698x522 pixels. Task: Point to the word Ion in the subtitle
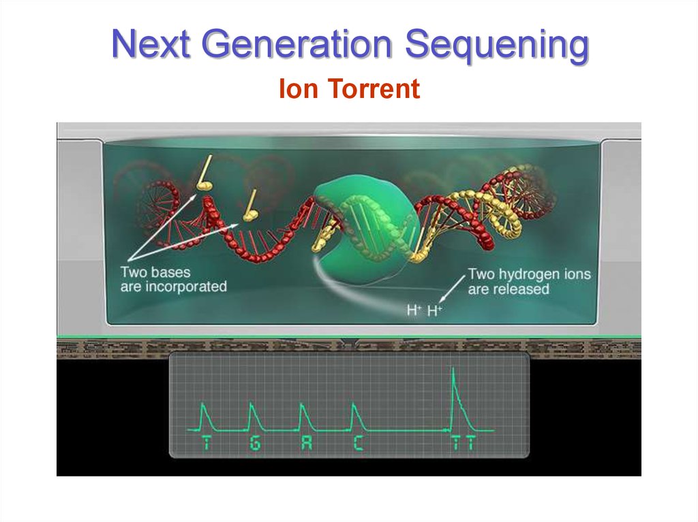point(297,89)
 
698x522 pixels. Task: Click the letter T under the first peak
point(207,444)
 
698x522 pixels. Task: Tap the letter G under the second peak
point(255,444)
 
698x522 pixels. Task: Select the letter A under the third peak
point(306,444)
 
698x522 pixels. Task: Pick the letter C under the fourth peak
point(358,444)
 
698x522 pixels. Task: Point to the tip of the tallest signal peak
point(453,369)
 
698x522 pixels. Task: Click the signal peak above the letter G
point(252,405)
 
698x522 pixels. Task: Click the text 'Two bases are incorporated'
point(173,279)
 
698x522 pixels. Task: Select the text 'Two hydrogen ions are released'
point(529,282)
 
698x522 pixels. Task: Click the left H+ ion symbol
point(414,310)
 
